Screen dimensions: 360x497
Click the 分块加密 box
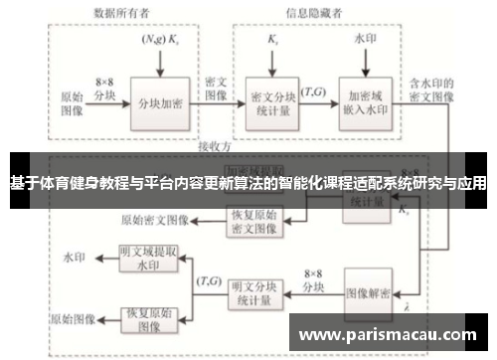pos(159,103)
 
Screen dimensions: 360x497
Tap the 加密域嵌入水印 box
pos(365,103)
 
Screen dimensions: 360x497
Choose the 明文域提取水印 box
pos(149,259)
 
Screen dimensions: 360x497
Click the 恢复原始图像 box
pos(149,319)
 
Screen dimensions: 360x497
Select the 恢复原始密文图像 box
pos(258,220)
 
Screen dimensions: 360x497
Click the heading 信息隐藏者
pos(315,14)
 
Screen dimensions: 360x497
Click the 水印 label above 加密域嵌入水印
pos(365,40)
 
